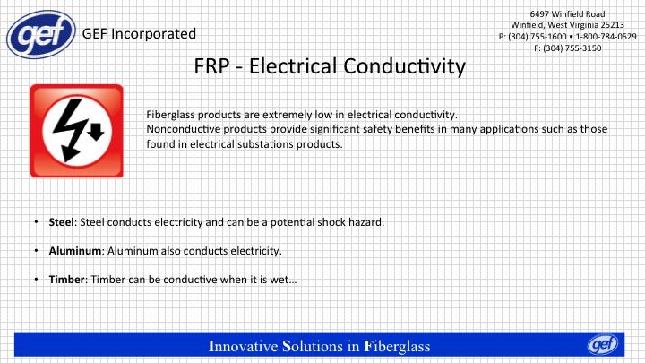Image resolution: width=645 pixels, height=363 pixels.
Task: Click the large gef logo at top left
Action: click(41, 34)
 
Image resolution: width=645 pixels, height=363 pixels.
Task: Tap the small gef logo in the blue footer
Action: click(603, 344)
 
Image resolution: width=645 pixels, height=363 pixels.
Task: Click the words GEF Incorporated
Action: click(139, 34)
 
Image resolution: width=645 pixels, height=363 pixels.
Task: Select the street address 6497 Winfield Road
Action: click(567, 14)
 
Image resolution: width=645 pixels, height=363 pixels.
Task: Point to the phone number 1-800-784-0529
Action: click(606, 36)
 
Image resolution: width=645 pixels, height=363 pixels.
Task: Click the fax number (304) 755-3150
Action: click(572, 48)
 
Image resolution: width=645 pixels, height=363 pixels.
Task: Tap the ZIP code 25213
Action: click(611, 25)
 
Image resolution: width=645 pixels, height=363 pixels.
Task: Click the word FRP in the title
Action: click(211, 66)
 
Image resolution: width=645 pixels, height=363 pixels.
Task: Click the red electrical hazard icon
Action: click(76, 131)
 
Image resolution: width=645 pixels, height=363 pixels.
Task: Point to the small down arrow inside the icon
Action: click(96, 132)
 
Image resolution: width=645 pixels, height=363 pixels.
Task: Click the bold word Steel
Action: click(62, 222)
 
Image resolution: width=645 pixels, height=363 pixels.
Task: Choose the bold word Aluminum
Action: click(75, 251)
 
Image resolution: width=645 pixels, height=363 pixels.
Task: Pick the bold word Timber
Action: click(66, 280)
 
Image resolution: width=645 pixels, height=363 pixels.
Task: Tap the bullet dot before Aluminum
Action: click(36, 251)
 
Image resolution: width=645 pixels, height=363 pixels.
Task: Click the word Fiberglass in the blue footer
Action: click(398, 346)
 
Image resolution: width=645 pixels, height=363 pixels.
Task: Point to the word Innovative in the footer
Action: click(243, 346)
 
